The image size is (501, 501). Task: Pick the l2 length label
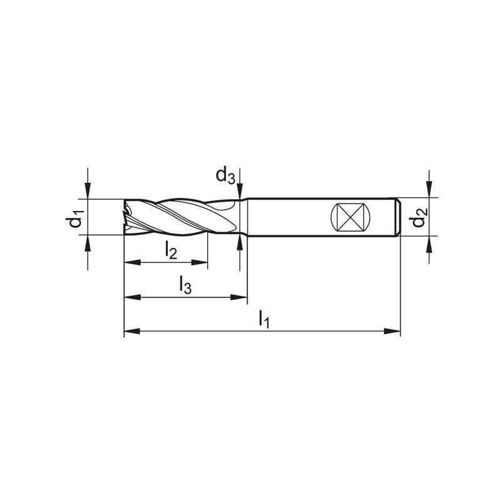point(171,250)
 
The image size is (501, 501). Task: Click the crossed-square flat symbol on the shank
point(350,217)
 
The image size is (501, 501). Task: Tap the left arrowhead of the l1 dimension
point(132,331)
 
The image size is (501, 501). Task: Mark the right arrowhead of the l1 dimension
point(392,331)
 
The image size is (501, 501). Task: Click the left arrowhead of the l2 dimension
point(132,262)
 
